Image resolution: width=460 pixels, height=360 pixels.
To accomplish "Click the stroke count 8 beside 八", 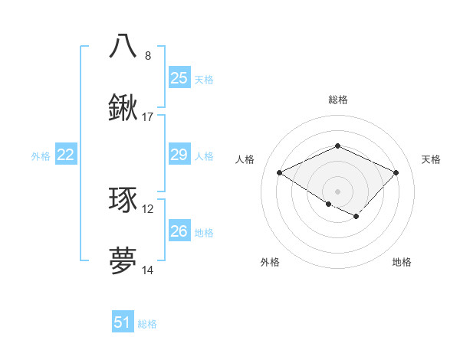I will (148, 55).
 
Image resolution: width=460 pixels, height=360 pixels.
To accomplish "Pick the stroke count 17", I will (148, 116).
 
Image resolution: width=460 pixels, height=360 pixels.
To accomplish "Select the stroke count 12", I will (148, 209).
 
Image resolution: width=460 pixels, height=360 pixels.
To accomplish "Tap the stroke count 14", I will (148, 270).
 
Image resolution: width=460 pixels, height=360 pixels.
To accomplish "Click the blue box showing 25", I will (179, 78).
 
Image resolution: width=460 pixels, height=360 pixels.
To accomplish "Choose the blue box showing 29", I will (179, 155).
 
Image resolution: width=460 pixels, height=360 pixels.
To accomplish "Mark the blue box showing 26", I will (179, 231).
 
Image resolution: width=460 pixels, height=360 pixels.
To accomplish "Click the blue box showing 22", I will (66, 155).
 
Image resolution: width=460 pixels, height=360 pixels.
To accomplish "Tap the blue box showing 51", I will (123, 322).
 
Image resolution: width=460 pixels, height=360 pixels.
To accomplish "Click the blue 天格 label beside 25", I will (204, 80).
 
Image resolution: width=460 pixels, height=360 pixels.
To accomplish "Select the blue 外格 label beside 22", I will (41, 156).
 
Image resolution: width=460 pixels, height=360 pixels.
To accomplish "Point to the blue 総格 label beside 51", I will (147, 324).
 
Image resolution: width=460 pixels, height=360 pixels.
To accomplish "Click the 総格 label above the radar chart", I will (337, 100).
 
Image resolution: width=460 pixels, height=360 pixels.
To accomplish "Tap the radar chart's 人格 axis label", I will (245, 159).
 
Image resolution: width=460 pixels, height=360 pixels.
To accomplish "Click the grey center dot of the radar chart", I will (337, 191).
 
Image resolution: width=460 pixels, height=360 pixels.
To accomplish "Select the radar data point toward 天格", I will (396, 172).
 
